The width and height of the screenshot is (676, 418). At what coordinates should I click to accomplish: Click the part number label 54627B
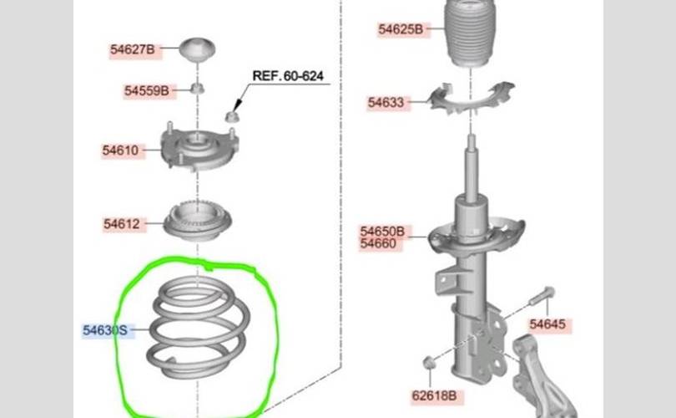(x=133, y=49)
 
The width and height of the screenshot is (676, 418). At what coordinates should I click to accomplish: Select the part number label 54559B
(x=147, y=91)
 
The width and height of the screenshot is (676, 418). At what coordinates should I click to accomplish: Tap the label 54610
(x=120, y=150)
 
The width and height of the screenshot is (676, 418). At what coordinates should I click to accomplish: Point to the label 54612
(x=122, y=224)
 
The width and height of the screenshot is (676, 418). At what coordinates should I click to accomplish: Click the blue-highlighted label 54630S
(x=105, y=330)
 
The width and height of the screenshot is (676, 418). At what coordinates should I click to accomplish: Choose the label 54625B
(x=401, y=29)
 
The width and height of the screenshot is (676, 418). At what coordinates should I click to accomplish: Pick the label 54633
(x=386, y=103)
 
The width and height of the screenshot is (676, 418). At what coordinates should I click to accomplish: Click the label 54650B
(x=382, y=232)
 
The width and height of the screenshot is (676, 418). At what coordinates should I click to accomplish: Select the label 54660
(x=378, y=243)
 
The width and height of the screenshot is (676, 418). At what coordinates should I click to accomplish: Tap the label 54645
(x=547, y=324)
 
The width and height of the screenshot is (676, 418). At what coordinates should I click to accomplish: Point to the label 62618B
(x=435, y=395)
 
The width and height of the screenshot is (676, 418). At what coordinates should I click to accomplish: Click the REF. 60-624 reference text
(x=288, y=76)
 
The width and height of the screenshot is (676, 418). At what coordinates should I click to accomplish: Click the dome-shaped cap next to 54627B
(x=197, y=48)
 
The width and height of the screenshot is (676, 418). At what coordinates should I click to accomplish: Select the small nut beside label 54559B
(x=198, y=89)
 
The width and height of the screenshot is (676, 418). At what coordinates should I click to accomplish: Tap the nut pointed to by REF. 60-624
(x=231, y=116)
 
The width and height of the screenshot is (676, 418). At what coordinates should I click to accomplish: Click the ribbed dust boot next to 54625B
(x=470, y=33)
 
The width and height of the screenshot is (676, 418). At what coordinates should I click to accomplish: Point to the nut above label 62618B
(x=428, y=363)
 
